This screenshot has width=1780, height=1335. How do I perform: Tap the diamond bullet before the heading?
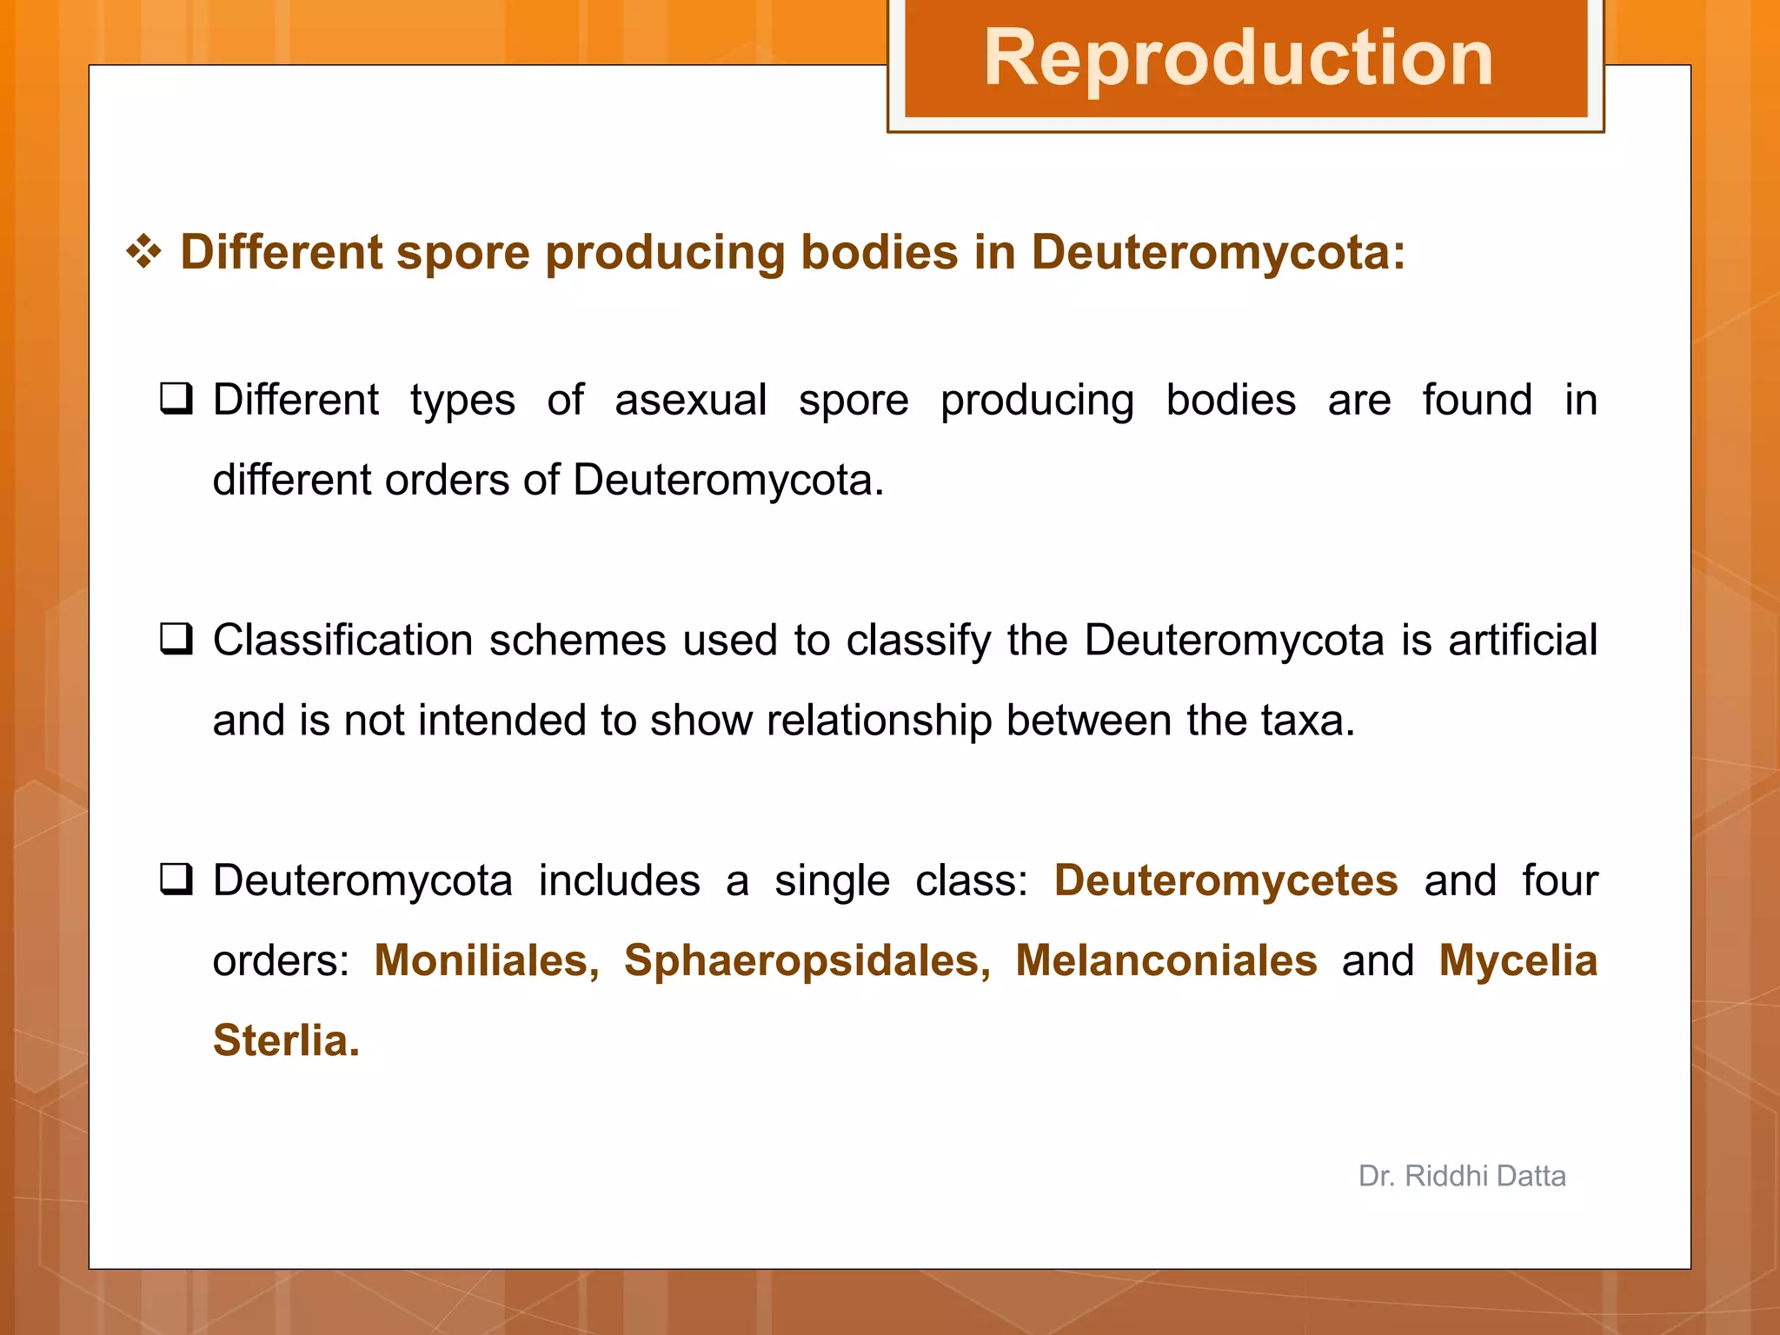[x=143, y=253]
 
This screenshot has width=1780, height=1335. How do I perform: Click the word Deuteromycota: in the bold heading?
[x=1218, y=253]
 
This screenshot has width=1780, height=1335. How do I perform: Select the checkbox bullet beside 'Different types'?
[x=176, y=399]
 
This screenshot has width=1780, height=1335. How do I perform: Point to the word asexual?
[x=690, y=401]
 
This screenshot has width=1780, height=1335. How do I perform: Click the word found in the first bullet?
[x=1477, y=401]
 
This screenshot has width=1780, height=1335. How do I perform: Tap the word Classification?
[x=343, y=641]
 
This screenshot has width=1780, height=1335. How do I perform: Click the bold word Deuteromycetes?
[x=1225, y=880]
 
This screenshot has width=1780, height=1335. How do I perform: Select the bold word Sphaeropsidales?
[x=807, y=961]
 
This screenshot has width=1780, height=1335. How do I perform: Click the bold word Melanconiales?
[x=1166, y=960]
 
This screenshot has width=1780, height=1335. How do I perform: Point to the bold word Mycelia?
[x=1518, y=961]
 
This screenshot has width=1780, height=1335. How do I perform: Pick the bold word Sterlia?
[x=285, y=1040]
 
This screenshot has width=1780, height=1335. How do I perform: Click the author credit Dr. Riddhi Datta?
[x=1462, y=1176]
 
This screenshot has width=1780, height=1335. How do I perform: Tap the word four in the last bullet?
[x=1559, y=880]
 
